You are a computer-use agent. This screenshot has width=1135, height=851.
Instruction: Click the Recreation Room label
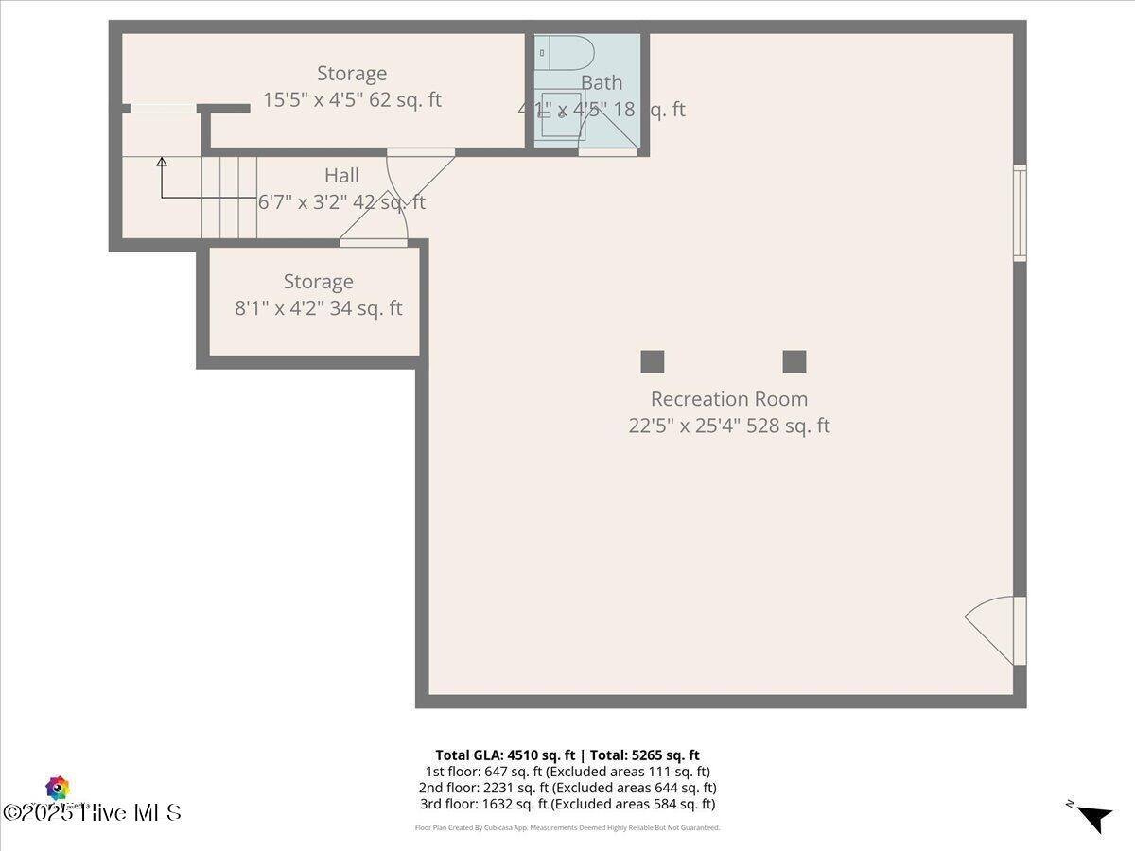coord(728,399)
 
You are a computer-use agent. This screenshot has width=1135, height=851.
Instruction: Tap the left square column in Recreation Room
coord(653,361)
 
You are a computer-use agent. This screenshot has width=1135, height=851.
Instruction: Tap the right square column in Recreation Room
coord(794,361)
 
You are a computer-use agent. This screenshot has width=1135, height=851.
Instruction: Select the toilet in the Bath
coord(565,54)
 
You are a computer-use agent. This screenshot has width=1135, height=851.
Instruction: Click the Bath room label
coord(602,82)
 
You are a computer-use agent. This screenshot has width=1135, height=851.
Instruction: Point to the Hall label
coord(341,175)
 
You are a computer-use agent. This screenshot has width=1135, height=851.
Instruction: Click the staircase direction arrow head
coord(162,163)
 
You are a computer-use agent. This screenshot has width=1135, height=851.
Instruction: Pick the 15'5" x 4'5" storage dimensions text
coord(351,100)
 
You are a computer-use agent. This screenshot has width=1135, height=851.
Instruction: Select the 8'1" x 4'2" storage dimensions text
coord(318,308)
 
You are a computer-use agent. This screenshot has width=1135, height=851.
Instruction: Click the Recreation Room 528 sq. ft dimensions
coord(728,425)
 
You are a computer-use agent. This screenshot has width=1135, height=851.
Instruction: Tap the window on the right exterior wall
coord(1020,213)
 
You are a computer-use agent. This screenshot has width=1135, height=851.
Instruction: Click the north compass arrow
coord(1094,818)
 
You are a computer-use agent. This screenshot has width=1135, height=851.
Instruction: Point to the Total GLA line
coord(567,755)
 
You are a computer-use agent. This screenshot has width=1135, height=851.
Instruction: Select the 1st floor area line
coord(567,771)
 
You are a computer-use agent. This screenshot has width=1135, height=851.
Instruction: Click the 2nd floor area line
coord(567,787)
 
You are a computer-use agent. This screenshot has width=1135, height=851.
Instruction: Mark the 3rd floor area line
coord(567,804)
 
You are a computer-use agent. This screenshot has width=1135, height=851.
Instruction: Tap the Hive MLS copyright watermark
coord(93,812)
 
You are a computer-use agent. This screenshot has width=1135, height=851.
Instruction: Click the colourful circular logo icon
coord(58,788)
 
